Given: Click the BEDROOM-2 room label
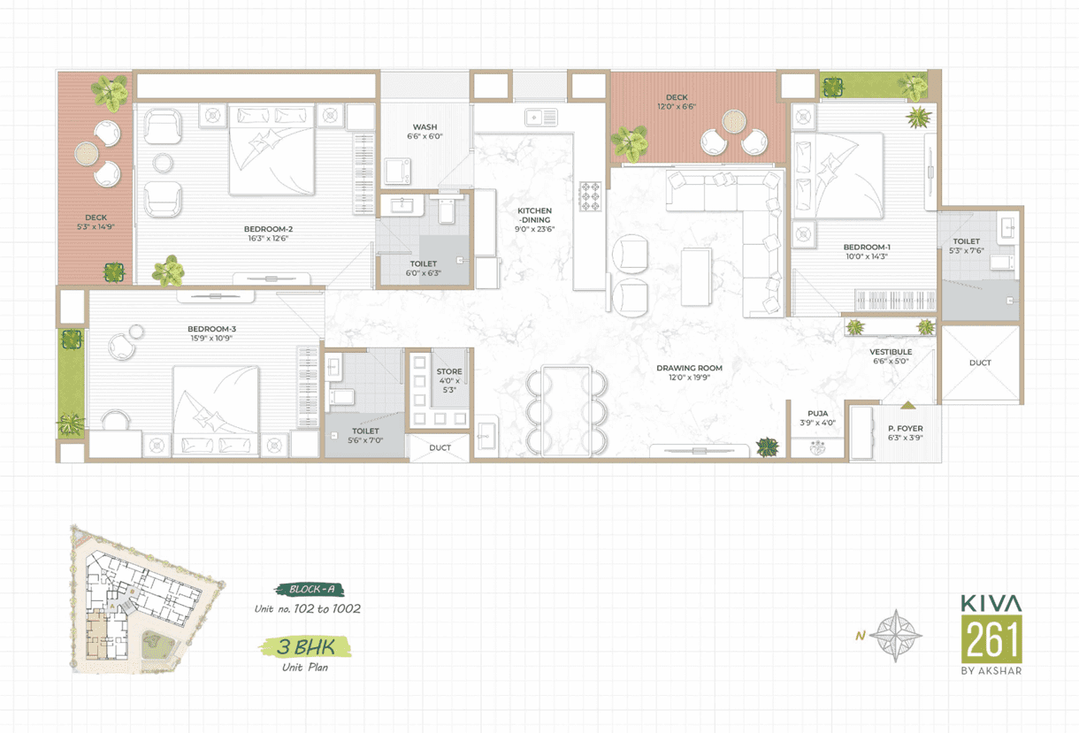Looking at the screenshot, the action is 268,229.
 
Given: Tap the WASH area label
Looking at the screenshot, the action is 425,127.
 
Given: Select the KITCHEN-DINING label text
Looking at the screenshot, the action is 535,215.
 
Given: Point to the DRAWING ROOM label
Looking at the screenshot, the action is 689,368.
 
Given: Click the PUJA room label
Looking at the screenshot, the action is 818,414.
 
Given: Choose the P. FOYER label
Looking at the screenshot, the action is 906,428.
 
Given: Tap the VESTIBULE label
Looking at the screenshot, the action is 891,352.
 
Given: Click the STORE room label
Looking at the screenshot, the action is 449,371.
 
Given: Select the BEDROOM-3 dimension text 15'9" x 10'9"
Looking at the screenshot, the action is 211,338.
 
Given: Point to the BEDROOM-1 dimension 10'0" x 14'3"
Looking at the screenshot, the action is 867,256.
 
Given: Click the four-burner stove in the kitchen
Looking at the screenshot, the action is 590,196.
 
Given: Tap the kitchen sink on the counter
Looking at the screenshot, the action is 541,117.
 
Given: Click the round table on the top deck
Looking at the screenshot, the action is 734,120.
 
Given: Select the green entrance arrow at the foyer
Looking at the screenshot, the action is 907,406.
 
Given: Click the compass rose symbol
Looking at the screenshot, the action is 896,636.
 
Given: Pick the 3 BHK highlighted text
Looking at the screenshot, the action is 305,647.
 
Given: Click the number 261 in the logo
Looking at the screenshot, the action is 991,639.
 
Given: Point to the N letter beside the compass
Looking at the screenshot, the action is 861,636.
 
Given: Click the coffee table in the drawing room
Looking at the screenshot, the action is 696,277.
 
